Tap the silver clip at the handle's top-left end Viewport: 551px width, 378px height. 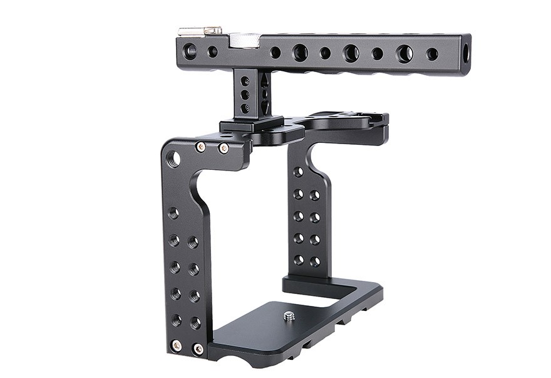(x=200, y=30)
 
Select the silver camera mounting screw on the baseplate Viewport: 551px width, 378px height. (x=289, y=317)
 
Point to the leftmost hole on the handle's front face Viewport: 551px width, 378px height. (x=190, y=51)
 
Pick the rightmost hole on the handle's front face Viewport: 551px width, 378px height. (x=432, y=55)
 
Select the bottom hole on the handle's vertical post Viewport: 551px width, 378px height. (x=245, y=108)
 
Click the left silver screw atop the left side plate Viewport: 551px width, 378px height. (x=200, y=147)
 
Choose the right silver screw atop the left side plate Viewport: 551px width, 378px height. (x=224, y=149)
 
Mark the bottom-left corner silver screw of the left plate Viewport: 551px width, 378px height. (x=177, y=345)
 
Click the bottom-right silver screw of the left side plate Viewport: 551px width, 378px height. (x=198, y=349)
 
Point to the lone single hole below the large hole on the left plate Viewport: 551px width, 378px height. (x=173, y=213)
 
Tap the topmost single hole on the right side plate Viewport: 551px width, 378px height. (x=298, y=171)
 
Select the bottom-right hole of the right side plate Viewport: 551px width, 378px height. (x=315, y=261)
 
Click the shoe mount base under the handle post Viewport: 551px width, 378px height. (x=250, y=125)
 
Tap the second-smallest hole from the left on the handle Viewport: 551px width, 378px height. (x=275, y=53)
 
